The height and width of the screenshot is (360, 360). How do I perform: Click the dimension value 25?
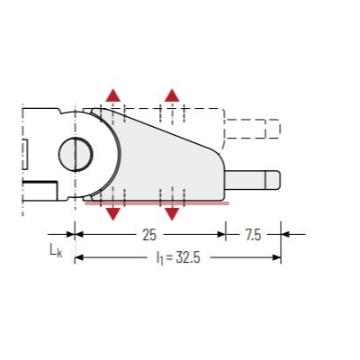(149, 235)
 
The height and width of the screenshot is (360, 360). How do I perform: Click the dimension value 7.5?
(253, 235)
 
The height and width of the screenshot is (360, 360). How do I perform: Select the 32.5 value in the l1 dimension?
(188, 257)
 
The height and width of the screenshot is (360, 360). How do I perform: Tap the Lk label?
(56, 250)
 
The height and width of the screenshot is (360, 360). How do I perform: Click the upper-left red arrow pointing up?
(112, 95)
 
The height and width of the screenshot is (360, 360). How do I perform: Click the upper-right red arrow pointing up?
(172, 95)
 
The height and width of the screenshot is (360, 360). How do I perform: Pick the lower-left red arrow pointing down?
(112, 214)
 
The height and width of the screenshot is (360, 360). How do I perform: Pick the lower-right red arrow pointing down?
(172, 214)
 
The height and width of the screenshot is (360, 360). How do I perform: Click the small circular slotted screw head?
(76, 154)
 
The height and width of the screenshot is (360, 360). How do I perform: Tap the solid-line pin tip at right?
(273, 180)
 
